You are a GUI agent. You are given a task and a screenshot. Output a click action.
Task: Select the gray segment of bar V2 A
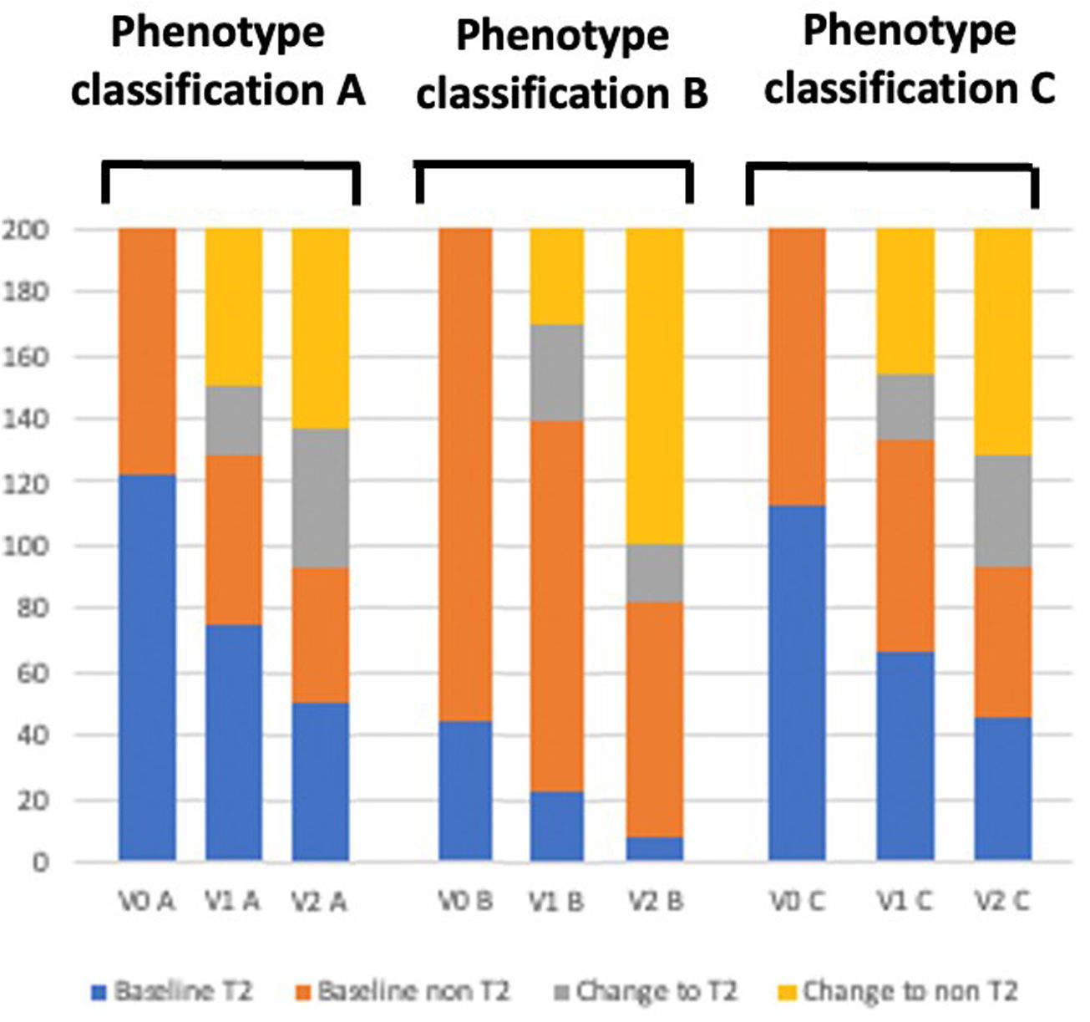[320, 498]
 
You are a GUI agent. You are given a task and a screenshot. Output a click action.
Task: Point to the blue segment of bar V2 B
[655, 848]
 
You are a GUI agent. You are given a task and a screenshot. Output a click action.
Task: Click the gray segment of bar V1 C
[905, 407]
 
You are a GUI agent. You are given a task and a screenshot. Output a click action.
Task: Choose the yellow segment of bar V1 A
[234, 307]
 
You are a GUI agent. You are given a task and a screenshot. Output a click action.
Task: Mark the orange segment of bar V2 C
[1003, 642]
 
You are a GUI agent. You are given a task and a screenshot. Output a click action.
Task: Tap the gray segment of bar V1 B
[556, 373]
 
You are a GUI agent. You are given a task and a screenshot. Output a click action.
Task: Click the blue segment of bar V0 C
[797, 683]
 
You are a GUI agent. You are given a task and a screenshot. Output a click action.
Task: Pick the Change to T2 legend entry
[647, 992]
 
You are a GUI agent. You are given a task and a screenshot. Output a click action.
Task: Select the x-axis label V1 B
[556, 903]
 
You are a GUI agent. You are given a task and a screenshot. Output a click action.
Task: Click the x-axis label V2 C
[1003, 903]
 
